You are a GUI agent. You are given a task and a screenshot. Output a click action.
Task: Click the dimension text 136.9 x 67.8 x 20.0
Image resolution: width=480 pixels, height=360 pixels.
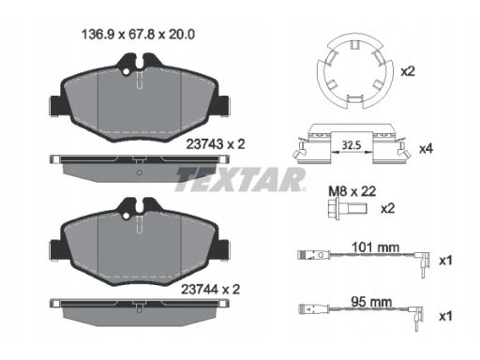(x=138, y=35)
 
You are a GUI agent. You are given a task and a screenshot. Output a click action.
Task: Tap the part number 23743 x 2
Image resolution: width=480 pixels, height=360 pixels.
(x=216, y=144)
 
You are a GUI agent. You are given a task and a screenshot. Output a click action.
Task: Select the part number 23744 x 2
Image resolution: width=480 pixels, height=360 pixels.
(x=211, y=290)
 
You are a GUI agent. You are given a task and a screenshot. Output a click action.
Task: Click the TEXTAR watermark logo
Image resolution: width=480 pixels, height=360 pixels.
(x=240, y=179)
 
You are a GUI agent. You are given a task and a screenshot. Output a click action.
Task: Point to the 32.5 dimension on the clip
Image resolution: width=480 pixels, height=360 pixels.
(x=352, y=145)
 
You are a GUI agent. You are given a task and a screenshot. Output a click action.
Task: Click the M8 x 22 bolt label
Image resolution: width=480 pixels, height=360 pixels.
(x=352, y=191)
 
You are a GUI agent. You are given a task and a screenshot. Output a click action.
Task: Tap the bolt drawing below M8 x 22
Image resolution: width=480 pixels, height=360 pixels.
(x=348, y=208)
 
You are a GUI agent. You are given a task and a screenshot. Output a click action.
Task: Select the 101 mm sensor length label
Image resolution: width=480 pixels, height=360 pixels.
(x=375, y=247)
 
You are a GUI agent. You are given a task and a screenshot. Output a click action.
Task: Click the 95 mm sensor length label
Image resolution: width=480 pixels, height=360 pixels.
(x=371, y=302)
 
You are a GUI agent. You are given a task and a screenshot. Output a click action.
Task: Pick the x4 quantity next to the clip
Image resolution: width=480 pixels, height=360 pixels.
(x=426, y=149)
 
